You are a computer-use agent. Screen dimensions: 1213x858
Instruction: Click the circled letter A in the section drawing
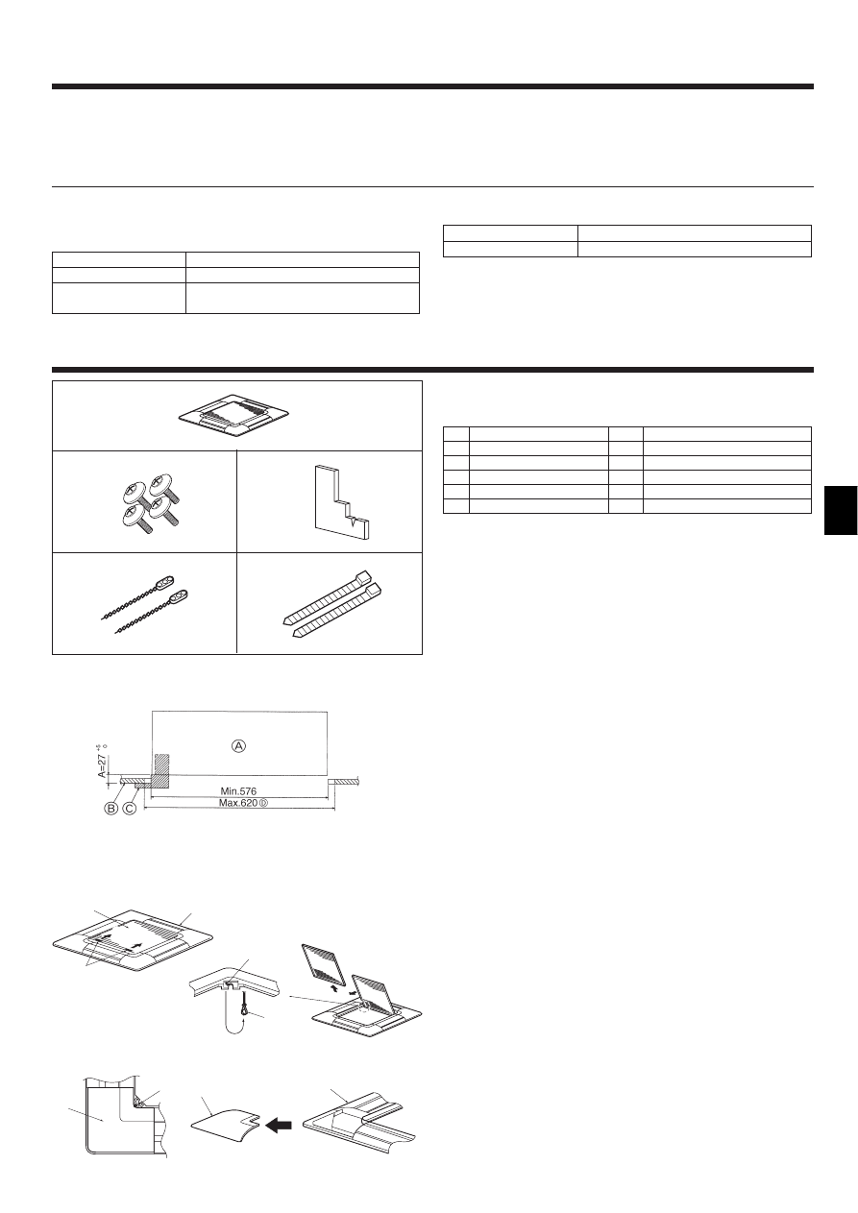pos(237,744)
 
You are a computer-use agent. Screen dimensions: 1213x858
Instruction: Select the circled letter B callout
pos(111,809)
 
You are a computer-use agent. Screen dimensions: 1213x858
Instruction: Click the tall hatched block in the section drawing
pos(161,769)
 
